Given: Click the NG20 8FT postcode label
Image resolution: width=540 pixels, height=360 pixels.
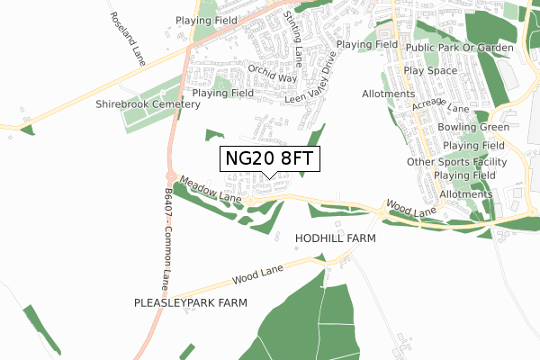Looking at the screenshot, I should click(x=269, y=158).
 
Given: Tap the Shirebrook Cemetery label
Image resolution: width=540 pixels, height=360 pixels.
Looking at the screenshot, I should click(x=148, y=104).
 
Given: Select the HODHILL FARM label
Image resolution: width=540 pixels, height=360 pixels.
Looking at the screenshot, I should click(x=335, y=239).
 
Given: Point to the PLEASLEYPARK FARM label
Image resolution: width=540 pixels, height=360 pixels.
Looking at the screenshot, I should click(x=190, y=303).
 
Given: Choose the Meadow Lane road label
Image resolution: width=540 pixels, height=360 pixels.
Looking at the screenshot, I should click(x=211, y=190).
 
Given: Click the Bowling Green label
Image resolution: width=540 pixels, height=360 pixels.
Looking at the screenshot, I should click(x=473, y=128).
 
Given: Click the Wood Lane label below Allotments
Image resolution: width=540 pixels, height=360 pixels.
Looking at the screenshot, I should click(x=413, y=208).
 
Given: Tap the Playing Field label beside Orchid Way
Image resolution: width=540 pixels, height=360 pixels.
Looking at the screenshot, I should click(x=222, y=93).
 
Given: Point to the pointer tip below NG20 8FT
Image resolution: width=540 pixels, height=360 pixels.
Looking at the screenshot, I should click(x=269, y=177).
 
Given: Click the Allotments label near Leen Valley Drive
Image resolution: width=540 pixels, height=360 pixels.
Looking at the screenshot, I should click(x=387, y=94).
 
